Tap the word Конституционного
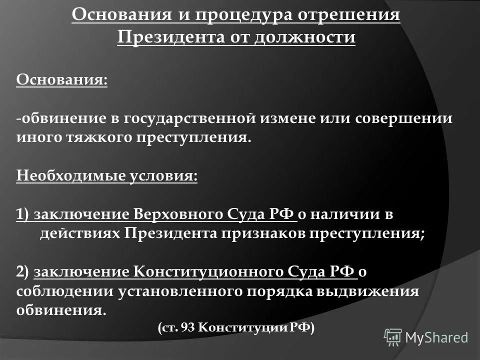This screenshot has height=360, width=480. click(x=210, y=271)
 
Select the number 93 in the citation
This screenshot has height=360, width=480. click(x=187, y=328)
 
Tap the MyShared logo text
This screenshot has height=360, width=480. click(x=436, y=337)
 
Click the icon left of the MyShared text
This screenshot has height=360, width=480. click(x=393, y=337)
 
